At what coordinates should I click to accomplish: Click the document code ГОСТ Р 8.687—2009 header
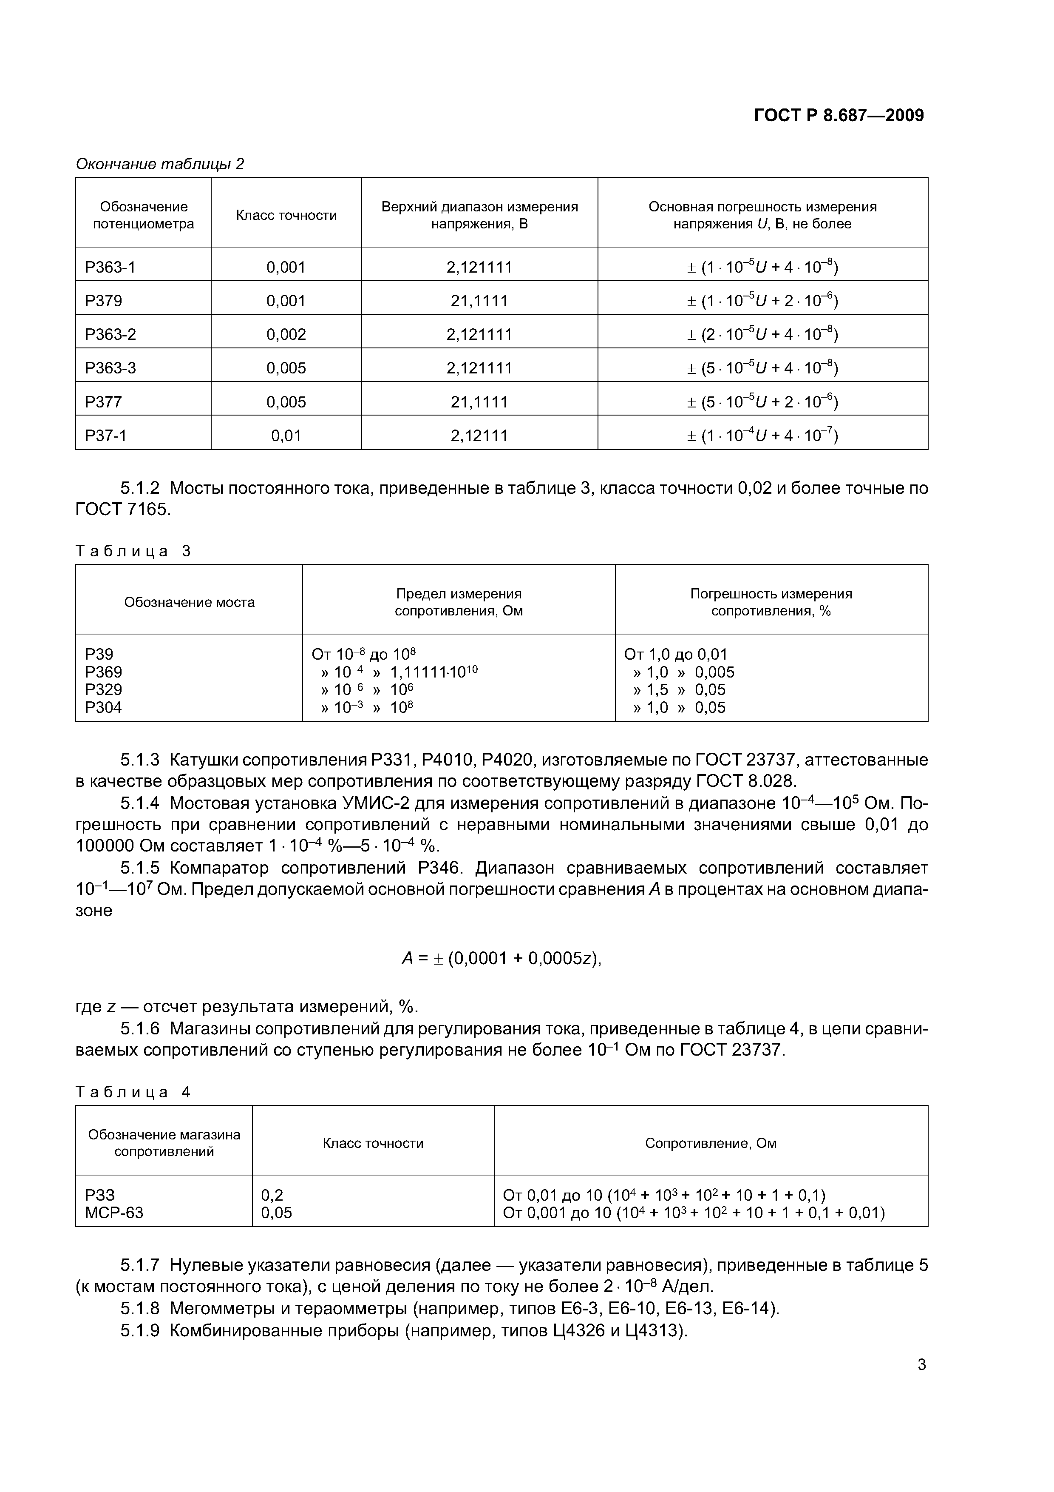839,116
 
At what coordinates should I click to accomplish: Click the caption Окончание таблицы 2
160,164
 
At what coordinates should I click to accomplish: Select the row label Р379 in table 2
104,301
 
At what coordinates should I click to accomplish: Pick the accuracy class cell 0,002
286,335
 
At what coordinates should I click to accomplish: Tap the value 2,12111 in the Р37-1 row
479,436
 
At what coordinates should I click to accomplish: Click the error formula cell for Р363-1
762,267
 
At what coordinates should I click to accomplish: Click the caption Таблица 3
133,552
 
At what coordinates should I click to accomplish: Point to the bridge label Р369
104,672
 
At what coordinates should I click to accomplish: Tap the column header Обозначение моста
189,602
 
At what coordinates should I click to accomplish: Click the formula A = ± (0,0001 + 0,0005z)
501,959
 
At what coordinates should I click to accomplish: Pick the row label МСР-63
114,1213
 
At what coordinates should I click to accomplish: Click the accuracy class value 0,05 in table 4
277,1213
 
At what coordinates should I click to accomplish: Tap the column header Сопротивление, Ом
711,1143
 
